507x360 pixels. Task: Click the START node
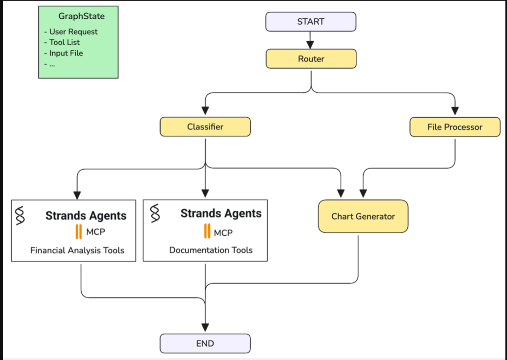pos(310,22)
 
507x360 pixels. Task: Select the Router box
pos(311,59)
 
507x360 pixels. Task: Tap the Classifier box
pos(205,127)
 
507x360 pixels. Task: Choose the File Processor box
pos(455,127)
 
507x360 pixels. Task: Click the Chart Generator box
pos(363,216)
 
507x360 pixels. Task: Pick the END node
pos(205,344)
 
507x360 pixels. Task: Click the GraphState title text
pos(81,16)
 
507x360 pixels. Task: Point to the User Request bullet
pos(73,32)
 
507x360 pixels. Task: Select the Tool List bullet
pos(64,42)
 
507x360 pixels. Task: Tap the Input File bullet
pos(66,53)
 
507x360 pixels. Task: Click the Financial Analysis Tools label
pos(77,250)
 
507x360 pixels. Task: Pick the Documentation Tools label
pos(211,250)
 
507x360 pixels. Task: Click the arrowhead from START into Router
pos(310,45)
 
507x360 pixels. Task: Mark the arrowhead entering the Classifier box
pos(205,111)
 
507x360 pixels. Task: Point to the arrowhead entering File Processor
pos(455,111)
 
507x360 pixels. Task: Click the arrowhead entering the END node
pos(205,327)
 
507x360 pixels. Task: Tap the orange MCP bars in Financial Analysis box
pos(79,232)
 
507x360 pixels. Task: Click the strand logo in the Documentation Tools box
pos(155,213)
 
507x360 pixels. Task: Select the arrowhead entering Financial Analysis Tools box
pos(77,195)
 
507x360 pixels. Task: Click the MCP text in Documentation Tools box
pos(223,233)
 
